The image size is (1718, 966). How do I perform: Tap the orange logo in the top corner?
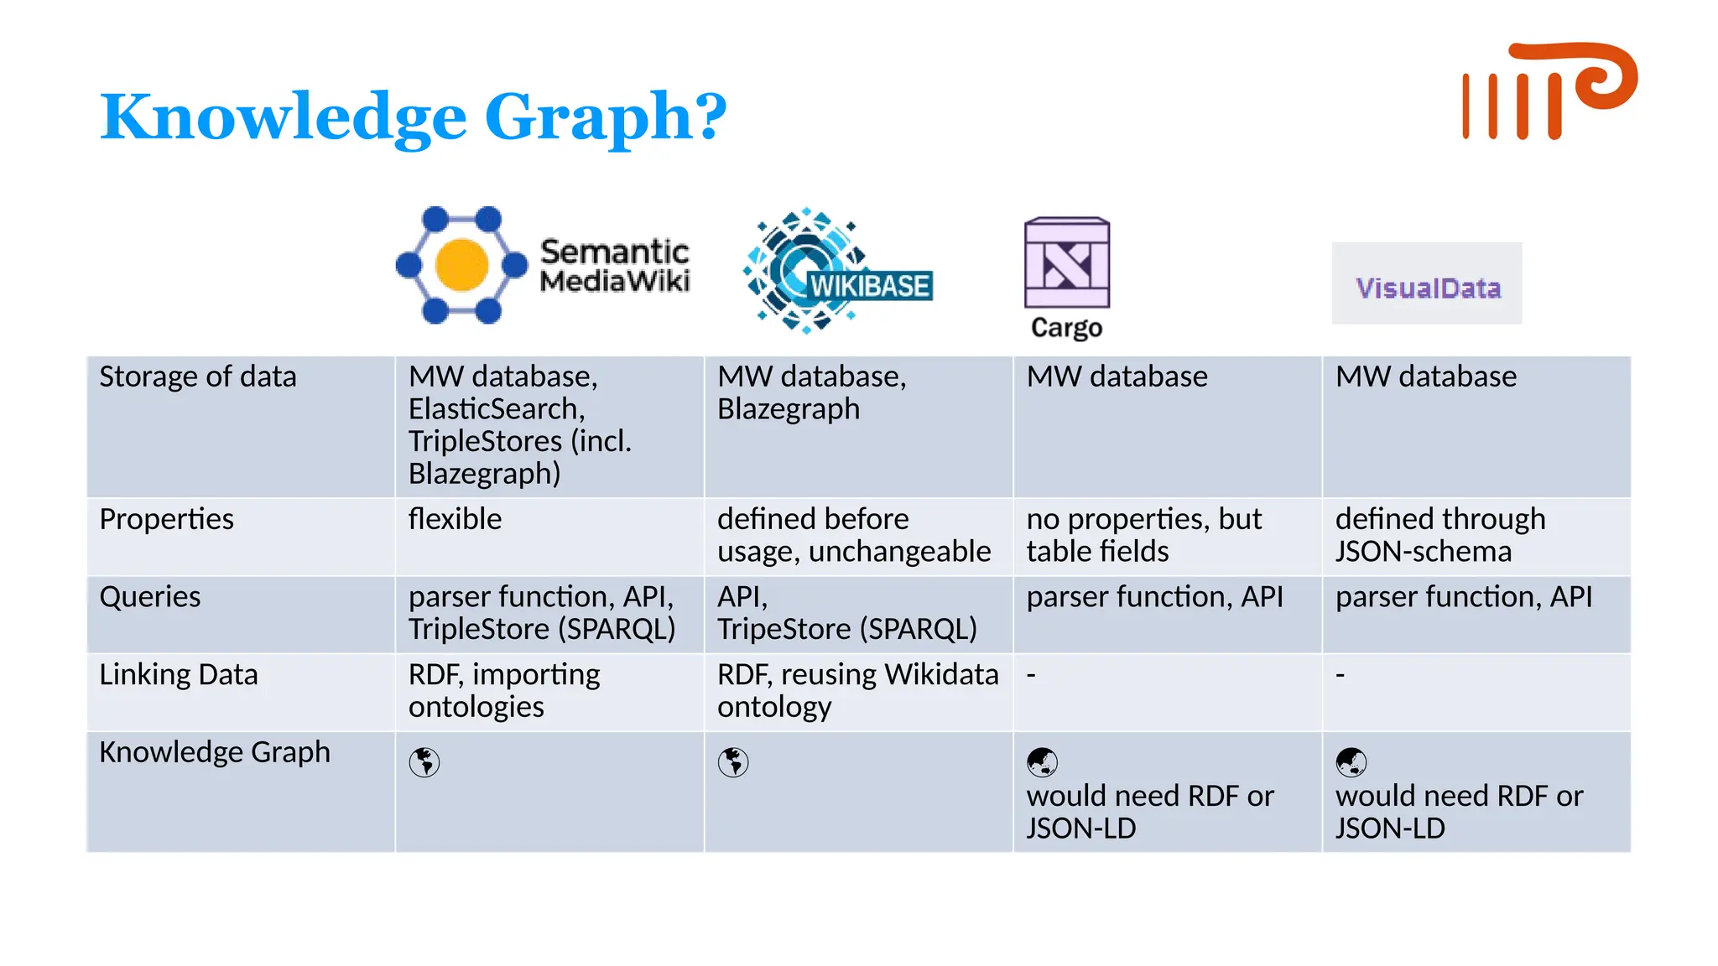tap(1549, 91)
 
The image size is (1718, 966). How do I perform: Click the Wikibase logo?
tap(837, 271)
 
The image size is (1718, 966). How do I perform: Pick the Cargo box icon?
tap(1066, 263)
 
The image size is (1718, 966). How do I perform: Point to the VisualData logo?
tap(1427, 284)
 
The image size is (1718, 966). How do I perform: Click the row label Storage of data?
tap(198, 377)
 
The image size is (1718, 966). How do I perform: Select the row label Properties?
tap(166, 519)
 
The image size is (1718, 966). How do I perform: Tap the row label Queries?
tap(150, 597)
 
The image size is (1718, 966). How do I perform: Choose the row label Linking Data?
tap(179, 675)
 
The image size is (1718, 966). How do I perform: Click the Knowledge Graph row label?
tap(215, 752)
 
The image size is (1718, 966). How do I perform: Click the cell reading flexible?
tap(455, 519)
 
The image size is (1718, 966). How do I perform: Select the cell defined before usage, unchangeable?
tap(853, 535)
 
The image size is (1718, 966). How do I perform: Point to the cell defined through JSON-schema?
tap(1439, 535)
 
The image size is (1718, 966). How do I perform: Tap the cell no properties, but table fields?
tap(1143, 535)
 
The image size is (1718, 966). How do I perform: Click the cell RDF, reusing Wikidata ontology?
tap(857, 690)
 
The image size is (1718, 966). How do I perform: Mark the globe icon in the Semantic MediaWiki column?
tap(424, 762)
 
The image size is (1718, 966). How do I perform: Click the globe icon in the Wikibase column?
tap(733, 762)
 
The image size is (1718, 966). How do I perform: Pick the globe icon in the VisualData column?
tap(1351, 762)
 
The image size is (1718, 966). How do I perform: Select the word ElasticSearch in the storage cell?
tap(497, 409)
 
